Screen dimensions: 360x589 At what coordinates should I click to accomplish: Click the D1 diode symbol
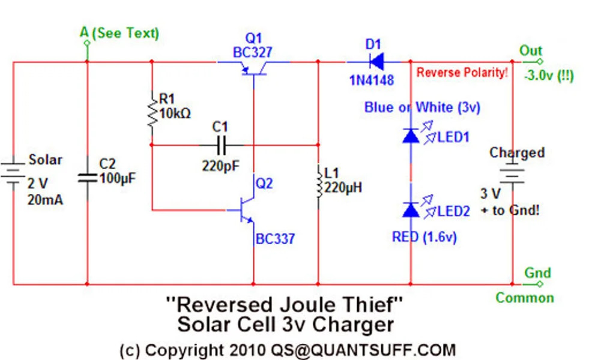tap(377, 61)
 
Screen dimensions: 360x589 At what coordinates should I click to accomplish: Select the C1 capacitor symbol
tap(220, 145)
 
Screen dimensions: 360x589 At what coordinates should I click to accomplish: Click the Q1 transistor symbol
tap(253, 69)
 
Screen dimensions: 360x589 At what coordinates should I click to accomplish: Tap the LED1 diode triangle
tap(411, 136)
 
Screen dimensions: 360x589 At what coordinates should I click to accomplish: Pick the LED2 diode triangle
tap(411, 209)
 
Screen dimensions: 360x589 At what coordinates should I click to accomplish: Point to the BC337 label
tap(276, 239)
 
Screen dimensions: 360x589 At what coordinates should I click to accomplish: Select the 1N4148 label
tap(372, 79)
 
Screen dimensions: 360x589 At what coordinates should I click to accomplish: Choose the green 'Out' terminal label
tap(531, 51)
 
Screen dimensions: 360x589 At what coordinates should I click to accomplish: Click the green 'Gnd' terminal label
tap(537, 272)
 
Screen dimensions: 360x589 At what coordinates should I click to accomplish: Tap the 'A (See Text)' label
tap(119, 32)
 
